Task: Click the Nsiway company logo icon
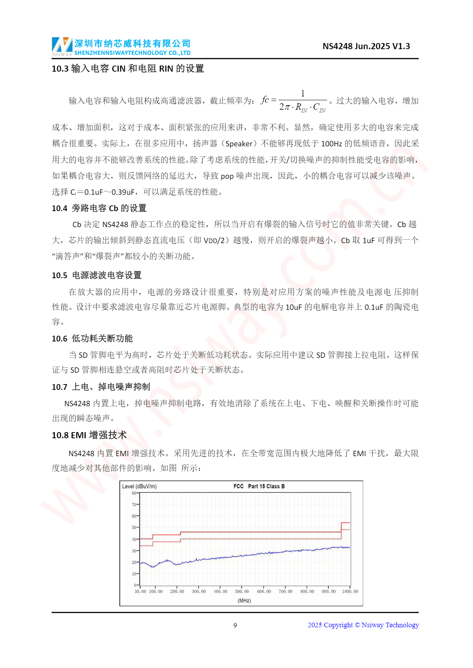(62, 46)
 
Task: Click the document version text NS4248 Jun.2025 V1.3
(366, 46)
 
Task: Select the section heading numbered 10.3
(128, 69)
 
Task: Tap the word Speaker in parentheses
(239, 144)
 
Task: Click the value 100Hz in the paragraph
(331, 144)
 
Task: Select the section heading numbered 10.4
(99, 208)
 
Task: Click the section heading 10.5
(97, 275)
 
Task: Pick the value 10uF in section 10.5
(294, 307)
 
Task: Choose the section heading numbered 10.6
(92, 338)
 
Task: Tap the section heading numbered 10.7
(101, 387)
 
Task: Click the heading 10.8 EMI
(89, 435)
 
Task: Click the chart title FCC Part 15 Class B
(259, 486)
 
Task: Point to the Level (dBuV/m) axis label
(139, 486)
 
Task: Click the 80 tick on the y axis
(134, 493)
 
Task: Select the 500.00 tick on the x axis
(242, 591)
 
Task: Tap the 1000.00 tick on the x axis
(350, 591)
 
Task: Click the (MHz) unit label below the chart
(244, 601)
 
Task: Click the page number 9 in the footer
(235, 625)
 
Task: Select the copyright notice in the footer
(363, 625)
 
